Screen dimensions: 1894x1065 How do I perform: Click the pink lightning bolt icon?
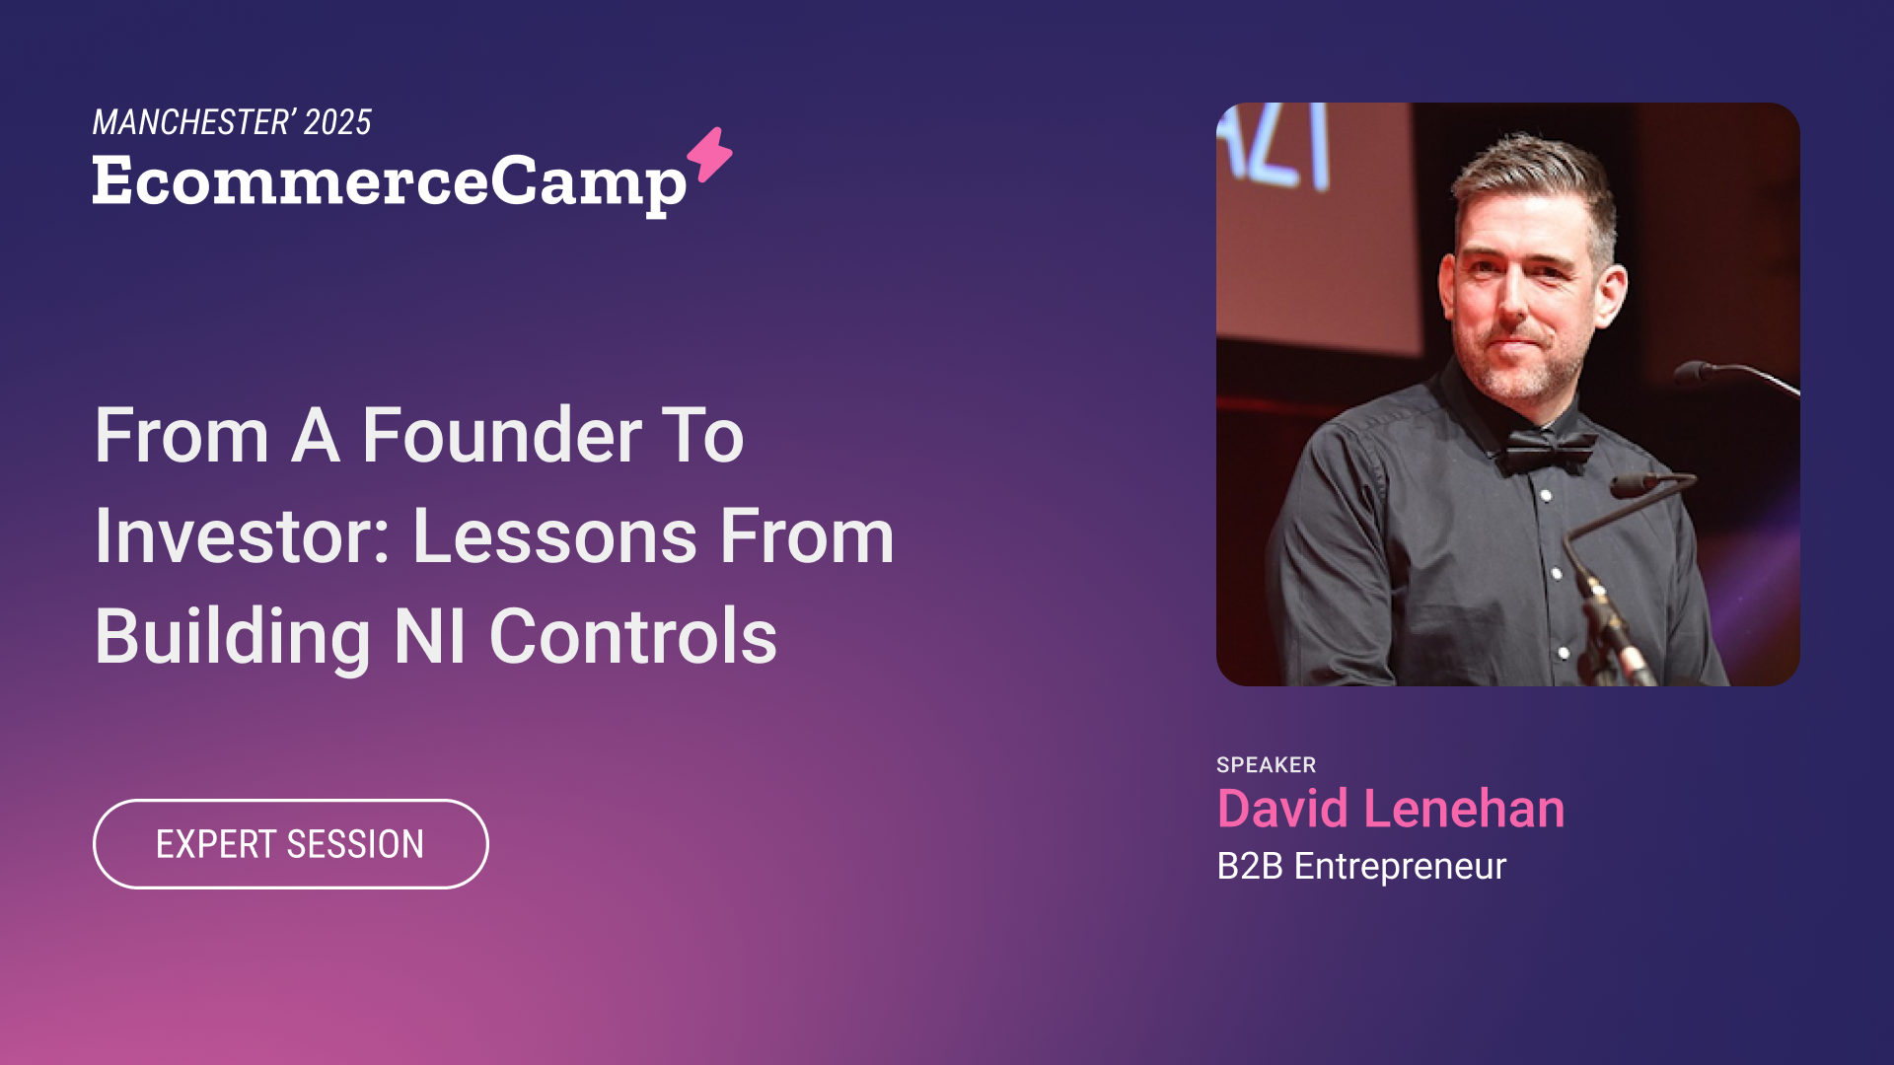[x=710, y=155]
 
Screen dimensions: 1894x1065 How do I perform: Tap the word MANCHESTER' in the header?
[x=193, y=122]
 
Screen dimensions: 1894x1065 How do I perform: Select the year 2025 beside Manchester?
[x=338, y=122]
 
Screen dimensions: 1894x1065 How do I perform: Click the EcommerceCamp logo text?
[x=390, y=183]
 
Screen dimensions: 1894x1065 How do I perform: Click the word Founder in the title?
[x=502, y=436]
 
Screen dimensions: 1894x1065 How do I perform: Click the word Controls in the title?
[x=633, y=636]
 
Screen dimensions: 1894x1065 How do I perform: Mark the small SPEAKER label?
[x=1267, y=765]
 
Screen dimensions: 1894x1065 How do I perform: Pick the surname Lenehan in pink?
[x=1464, y=809]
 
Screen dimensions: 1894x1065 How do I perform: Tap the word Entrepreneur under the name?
[x=1401, y=867]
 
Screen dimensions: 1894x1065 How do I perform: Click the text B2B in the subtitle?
[x=1250, y=866]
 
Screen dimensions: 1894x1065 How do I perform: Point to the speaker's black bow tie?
[x=1546, y=449]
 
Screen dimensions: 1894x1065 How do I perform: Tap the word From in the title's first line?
[x=182, y=436]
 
